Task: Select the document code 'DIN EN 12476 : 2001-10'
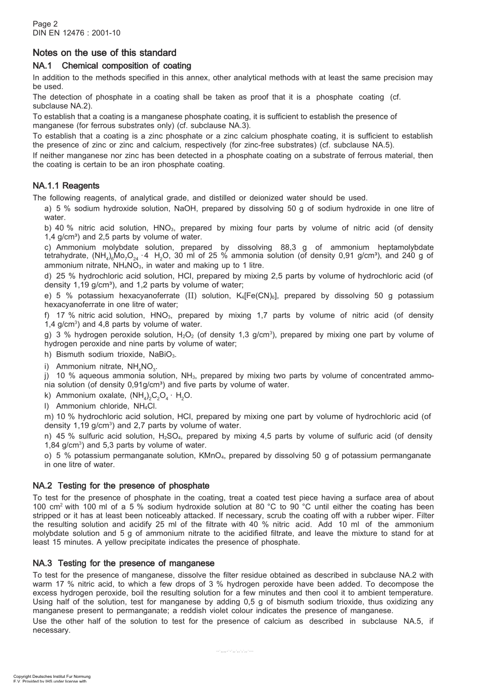tap(76, 33)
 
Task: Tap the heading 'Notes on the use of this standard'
tap(104, 53)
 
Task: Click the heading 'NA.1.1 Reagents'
tap(66, 186)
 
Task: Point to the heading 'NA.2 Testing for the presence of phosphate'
tap(121, 486)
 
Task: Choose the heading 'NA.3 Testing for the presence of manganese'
tap(123, 563)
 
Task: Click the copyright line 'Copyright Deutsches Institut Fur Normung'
tap(52, 676)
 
